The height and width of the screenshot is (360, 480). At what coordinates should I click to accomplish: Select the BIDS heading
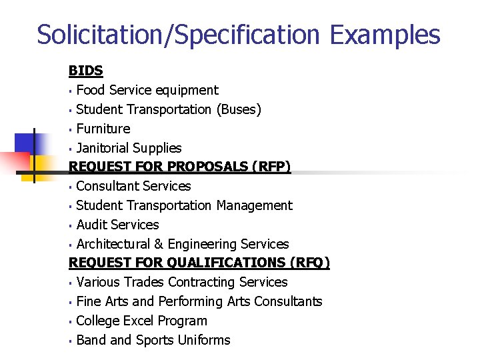(86, 70)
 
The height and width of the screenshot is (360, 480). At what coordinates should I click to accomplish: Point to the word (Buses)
(239, 109)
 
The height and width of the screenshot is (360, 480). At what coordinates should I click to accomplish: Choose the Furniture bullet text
(103, 129)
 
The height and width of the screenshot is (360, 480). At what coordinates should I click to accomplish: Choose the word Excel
(144, 321)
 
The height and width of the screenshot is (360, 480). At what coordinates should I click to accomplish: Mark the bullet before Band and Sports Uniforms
(71, 341)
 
